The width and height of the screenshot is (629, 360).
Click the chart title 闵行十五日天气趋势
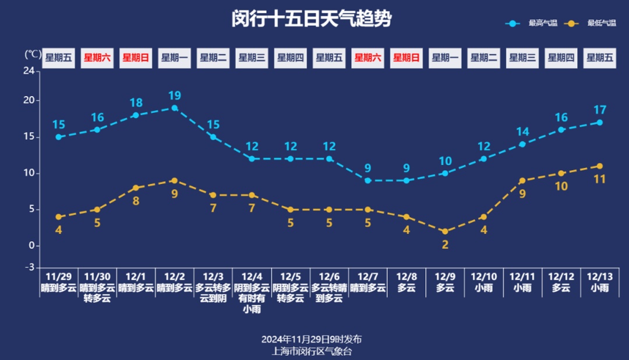[312, 19]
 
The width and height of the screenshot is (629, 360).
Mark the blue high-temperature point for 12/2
[175, 108]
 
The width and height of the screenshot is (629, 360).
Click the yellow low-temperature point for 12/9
[445, 231]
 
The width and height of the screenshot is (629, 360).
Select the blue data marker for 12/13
[599, 122]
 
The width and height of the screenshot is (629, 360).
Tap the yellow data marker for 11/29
[58, 217]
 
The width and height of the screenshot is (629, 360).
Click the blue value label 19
[175, 96]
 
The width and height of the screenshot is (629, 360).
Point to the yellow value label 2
[445, 245]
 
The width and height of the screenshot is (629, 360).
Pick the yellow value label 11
[599, 179]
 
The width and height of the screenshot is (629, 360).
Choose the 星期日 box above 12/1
[136, 58]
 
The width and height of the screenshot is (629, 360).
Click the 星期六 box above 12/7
[367, 58]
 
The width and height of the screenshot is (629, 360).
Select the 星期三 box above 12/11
[522, 58]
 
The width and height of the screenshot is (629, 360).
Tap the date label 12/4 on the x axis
[252, 277]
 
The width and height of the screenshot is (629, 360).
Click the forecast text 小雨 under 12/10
[483, 288]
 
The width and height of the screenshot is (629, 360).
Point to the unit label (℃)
[33, 54]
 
